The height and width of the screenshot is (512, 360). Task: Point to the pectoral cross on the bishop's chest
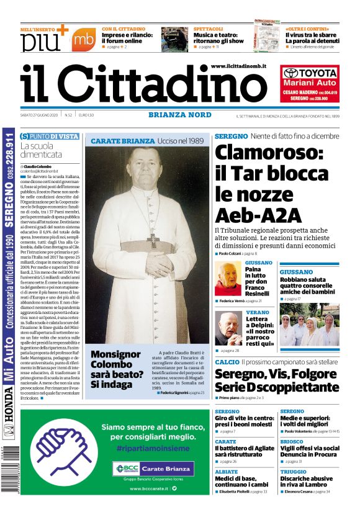click(x=152, y=241)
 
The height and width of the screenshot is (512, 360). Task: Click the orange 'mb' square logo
click(x=83, y=40)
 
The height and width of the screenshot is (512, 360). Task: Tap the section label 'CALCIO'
click(x=227, y=361)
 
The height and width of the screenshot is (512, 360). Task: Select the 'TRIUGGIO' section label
click(x=293, y=472)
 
